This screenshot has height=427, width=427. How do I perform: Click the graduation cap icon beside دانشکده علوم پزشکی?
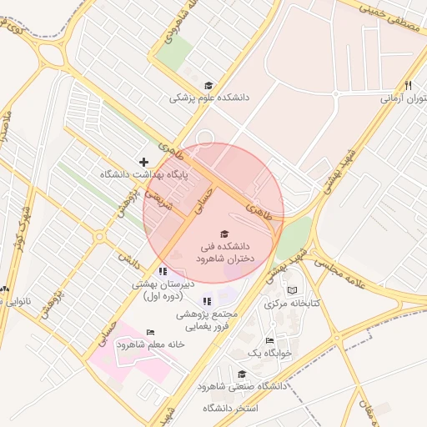point(208,85)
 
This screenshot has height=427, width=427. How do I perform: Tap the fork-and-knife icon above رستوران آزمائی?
point(408,85)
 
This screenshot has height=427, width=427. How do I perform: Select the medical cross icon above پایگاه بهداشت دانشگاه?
point(144,161)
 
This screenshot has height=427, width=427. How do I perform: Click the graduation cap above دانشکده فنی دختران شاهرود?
point(224,234)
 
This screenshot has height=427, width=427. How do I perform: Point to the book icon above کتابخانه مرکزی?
point(292,290)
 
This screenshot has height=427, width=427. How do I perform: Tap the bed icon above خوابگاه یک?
point(269,340)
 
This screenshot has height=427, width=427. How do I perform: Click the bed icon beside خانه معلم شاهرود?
point(150,332)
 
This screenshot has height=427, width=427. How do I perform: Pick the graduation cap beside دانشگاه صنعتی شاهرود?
point(242,374)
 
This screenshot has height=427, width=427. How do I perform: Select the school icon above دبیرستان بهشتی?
point(163,271)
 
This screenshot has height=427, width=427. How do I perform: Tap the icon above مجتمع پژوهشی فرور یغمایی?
point(207,301)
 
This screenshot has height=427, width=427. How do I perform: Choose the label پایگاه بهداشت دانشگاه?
point(144,175)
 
